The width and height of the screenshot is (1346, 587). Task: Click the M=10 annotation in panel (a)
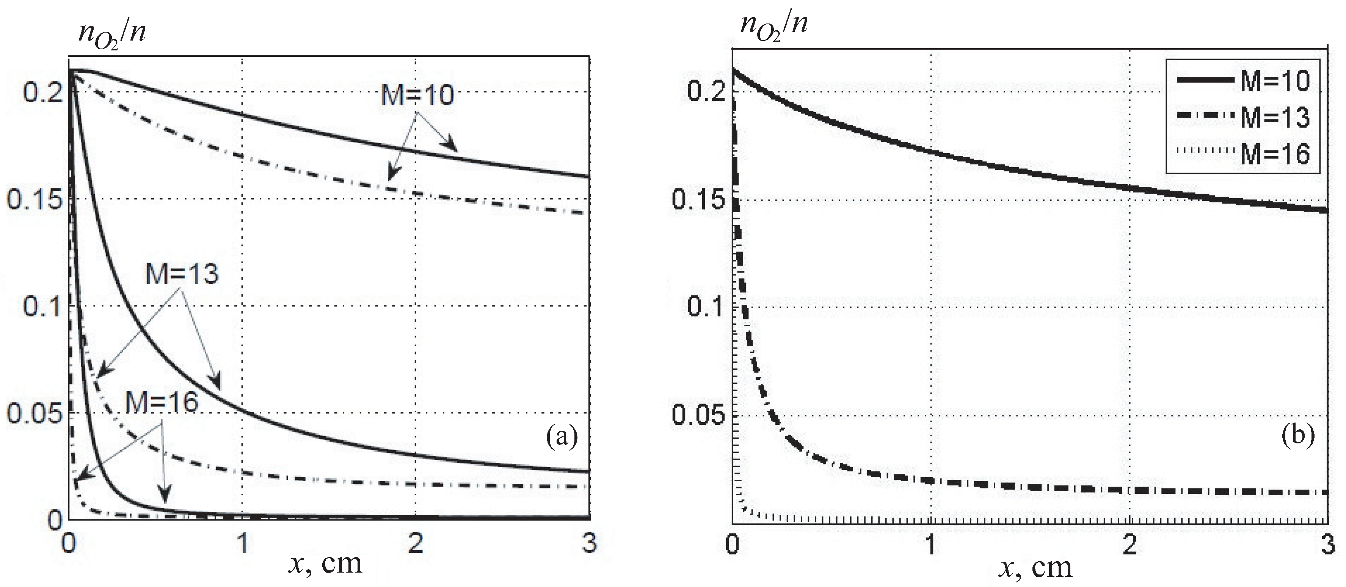tap(417, 95)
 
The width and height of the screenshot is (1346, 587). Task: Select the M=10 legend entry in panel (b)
tap(1275, 81)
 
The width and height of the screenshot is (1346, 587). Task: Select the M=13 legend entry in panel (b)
tap(1275, 117)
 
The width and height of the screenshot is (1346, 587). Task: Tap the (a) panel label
tap(562, 437)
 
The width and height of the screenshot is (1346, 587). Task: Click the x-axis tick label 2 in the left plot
tap(416, 543)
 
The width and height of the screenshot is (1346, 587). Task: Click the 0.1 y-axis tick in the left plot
tap(43, 306)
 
